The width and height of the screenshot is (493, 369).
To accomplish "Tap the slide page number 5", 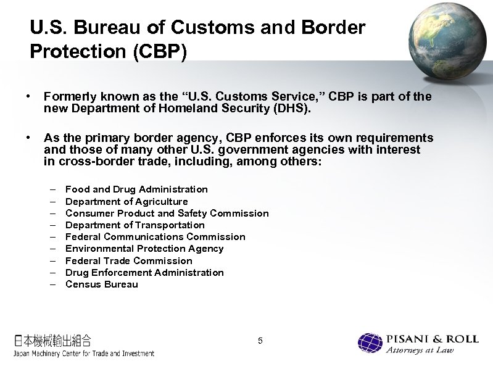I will click(260, 341).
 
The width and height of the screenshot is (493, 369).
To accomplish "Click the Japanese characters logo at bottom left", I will click(53, 340).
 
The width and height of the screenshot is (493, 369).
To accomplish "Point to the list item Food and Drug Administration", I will click(136, 189).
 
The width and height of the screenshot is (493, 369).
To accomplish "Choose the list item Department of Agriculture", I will click(126, 201).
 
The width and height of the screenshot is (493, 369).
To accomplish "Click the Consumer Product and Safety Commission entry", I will click(167, 213).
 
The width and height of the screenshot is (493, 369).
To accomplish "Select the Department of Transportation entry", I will click(135, 225).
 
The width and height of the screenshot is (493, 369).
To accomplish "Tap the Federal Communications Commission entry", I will click(155, 236).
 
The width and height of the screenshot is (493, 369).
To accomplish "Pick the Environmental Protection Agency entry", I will click(144, 248).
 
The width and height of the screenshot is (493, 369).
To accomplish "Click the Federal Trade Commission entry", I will click(128, 260).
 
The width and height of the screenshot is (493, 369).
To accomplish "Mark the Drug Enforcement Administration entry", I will click(144, 272).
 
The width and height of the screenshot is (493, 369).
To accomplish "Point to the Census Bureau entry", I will click(101, 284).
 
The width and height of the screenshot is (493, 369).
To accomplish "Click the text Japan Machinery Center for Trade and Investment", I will click(84, 354).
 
